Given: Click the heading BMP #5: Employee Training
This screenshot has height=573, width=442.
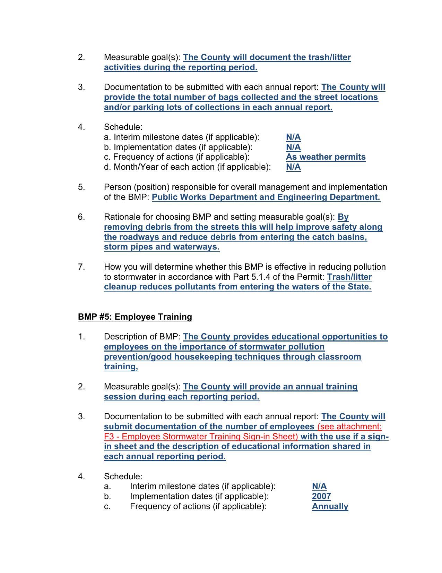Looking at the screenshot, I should tap(135, 317).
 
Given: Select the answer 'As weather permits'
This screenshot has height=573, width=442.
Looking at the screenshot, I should tap(326, 157).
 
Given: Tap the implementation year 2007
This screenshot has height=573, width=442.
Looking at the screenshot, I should tap(321, 496).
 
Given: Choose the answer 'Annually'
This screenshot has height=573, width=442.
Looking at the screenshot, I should tap(330, 506).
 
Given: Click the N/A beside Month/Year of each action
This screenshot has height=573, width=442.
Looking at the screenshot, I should tap(293, 167).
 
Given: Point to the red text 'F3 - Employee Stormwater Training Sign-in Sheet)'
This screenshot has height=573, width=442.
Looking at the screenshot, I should tap(201, 437).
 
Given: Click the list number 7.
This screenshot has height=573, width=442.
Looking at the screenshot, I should tap(81, 267).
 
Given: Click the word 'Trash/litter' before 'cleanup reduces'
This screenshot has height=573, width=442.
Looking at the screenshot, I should tap(349, 277).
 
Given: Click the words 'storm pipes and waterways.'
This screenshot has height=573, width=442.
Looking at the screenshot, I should tap(162, 247).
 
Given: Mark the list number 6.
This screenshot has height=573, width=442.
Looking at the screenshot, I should tap(81, 217).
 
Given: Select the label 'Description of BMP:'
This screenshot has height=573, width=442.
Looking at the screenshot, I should tap(142, 337).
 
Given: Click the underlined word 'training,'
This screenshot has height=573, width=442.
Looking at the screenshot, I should tap(121, 366).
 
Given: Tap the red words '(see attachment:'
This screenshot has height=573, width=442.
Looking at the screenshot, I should tap(349, 427).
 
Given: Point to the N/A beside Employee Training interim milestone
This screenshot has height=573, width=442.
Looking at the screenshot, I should tap(319, 486).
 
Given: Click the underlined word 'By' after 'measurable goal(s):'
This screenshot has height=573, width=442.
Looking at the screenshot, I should tap(343, 217).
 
